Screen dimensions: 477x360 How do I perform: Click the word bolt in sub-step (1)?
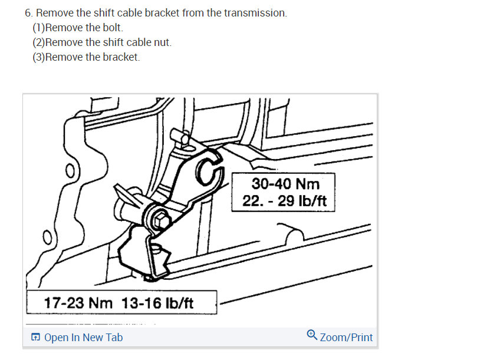113,28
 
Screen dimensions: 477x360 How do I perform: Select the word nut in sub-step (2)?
163,42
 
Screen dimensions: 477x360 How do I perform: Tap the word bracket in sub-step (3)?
121,57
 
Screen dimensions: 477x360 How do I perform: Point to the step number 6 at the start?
28,13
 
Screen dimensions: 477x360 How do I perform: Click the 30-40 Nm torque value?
285,184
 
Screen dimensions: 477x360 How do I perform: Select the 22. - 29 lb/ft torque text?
284,201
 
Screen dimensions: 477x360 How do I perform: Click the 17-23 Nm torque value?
78,303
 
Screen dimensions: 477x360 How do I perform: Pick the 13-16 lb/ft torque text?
157,303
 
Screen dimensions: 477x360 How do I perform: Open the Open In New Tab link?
83,337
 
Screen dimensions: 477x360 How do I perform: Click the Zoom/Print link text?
346,337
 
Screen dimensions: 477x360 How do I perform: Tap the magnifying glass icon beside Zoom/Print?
312,335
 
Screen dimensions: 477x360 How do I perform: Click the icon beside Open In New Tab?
35,337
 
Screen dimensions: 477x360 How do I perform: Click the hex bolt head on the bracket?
161,219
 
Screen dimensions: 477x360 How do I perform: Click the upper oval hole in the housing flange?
70,171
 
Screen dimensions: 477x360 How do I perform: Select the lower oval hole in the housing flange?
47,238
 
